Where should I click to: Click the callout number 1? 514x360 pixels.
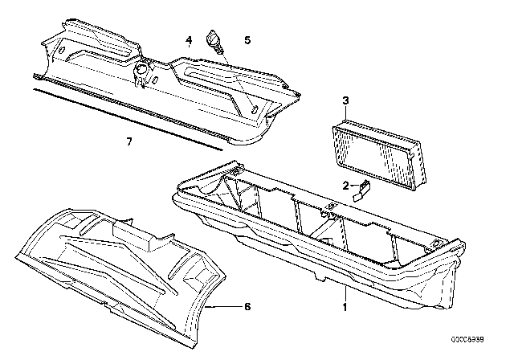(345, 307)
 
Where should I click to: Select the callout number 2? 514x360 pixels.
(346, 186)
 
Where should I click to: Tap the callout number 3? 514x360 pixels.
(346, 100)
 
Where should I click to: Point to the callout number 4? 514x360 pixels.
(189, 40)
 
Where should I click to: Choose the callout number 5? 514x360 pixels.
(247, 40)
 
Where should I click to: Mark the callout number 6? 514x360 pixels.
(247, 306)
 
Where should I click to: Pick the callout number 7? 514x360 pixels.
(129, 141)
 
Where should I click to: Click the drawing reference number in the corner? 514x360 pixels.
(467, 340)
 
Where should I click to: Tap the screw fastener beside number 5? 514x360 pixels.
(214, 41)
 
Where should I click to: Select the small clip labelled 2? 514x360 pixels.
(361, 190)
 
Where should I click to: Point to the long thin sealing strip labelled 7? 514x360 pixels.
(128, 120)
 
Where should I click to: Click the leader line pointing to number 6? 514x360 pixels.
(225, 306)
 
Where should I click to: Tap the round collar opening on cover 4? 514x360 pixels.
(142, 70)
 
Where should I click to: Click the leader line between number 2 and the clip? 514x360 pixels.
(355, 186)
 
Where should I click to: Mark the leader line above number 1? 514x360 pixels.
(345, 294)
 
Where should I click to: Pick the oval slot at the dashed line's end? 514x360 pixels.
(254, 109)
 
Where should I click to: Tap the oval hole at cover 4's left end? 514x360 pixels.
(61, 51)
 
